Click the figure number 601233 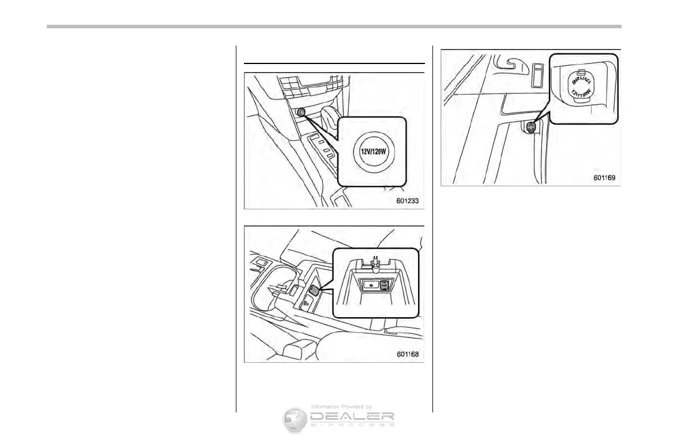click(x=407, y=201)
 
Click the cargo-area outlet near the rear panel click(x=532, y=128)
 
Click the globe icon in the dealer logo click(x=295, y=420)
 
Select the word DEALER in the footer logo click(x=352, y=417)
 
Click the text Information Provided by click(x=342, y=407)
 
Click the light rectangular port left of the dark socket click(x=370, y=284)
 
